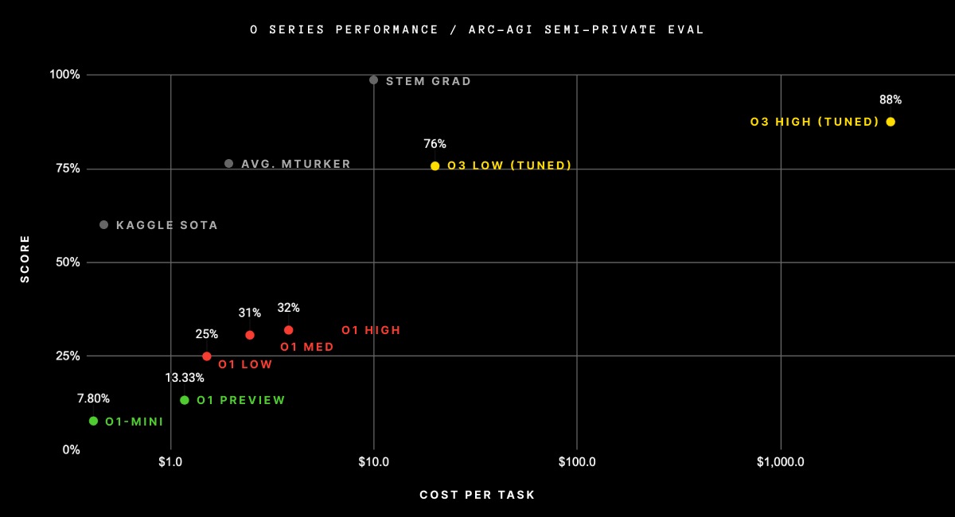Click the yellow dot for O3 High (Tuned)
click(x=891, y=122)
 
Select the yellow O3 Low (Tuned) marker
click(x=435, y=165)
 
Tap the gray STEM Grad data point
click(x=373, y=80)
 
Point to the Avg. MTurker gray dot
click(x=228, y=163)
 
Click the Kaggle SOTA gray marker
click(x=103, y=225)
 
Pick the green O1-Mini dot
click(x=93, y=421)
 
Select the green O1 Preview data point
click(x=185, y=400)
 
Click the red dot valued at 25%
click(x=207, y=356)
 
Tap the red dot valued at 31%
click(x=250, y=335)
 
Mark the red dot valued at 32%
click(x=288, y=330)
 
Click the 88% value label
click(x=890, y=100)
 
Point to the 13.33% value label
click(x=185, y=378)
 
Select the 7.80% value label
click(x=93, y=398)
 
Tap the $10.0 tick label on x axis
click(x=373, y=462)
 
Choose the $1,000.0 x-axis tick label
click(x=780, y=462)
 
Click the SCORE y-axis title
click(x=25, y=258)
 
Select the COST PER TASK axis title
click(x=477, y=495)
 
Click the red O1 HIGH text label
click(x=371, y=330)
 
